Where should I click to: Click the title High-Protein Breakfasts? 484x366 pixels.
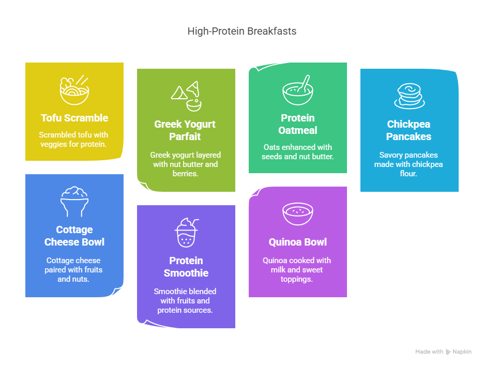pos(241,32)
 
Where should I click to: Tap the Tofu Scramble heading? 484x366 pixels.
pos(74,118)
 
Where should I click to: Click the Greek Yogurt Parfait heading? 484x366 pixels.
pos(186,130)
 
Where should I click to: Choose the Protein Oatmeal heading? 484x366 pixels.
pos(297,124)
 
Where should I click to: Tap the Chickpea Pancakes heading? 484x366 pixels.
pos(409,130)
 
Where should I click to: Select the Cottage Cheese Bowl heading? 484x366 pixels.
pos(74,236)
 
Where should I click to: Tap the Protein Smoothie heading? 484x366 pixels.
pos(186,267)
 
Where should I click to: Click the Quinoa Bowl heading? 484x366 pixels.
pos(297,242)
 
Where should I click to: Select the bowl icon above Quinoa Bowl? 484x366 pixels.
pos(298,213)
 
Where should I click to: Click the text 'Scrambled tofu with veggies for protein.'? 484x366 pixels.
pos(74,139)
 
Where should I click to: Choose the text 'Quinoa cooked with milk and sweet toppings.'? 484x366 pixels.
pos(297,269)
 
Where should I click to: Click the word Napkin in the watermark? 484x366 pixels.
pos(462,352)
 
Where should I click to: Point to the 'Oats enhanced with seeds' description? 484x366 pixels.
pos(297,151)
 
